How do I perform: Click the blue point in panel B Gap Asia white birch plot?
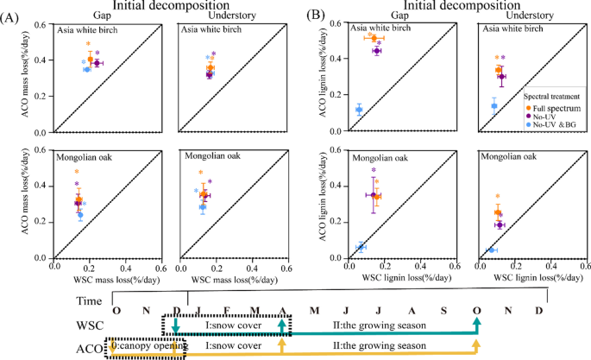tap(358, 110)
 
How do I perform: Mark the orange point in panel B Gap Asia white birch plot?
tap(373, 38)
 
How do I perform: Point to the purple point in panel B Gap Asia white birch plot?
tap(377, 51)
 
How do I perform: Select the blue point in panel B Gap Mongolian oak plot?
tap(360, 247)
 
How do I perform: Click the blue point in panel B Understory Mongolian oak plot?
tap(492, 250)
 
